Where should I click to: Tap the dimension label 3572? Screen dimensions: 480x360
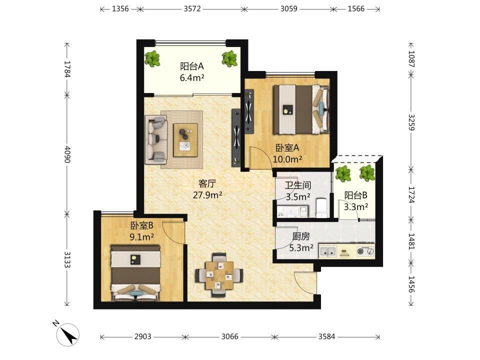192,8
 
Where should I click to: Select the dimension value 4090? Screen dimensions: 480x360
67,154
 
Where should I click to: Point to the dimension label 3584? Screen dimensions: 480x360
326,336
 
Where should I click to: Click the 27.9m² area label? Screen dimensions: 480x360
207,194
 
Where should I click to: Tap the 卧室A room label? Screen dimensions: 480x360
287,148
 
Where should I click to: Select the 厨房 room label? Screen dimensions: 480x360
300,236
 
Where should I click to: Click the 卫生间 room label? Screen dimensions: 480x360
297,185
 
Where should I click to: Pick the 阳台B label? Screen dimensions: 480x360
355,195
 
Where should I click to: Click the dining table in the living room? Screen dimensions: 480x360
219,275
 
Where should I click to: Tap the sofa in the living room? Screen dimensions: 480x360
156,139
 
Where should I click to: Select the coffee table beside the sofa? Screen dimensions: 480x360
185,140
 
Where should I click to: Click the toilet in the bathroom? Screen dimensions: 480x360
321,207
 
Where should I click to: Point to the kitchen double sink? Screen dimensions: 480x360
327,251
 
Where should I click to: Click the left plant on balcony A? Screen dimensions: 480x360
152,59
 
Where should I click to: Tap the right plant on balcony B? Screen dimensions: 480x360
366,173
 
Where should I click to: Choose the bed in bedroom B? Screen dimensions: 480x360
135,272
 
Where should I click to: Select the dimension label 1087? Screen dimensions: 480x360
411,59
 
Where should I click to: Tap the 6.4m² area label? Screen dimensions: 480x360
192,78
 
